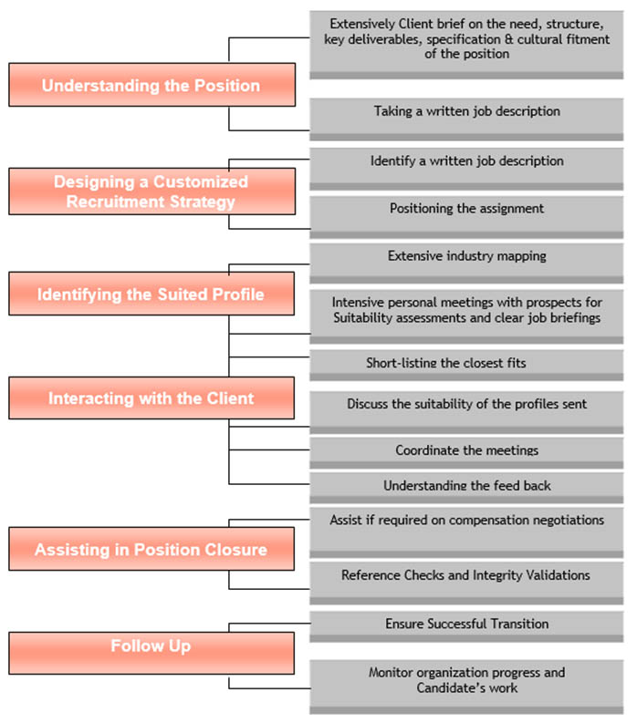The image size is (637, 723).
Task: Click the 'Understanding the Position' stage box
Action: point(151,86)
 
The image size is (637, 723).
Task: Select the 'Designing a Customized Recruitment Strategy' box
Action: point(151,191)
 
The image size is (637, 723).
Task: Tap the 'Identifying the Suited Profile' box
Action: point(151,294)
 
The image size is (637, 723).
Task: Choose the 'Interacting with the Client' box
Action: point(151,398)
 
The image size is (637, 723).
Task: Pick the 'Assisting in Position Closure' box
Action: point(151,550)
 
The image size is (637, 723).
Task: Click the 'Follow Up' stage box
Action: point(151,646)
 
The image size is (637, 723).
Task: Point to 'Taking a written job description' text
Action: point(466,111)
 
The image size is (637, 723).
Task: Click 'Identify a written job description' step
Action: point(466,160)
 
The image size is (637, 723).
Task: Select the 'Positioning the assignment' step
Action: point(466,208)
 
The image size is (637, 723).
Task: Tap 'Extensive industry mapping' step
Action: point(466,256)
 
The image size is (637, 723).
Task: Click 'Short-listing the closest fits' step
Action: point(446,363)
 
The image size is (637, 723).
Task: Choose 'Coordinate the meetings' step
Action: point(466,450)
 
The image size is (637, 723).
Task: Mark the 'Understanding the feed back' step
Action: point(466,485)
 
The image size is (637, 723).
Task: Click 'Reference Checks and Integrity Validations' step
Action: point(465,575)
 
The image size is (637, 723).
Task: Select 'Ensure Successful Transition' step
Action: point(466,624)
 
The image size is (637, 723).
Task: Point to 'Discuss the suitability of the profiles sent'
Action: point(466,403)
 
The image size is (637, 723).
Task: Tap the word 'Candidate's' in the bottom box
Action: point(454,687)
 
